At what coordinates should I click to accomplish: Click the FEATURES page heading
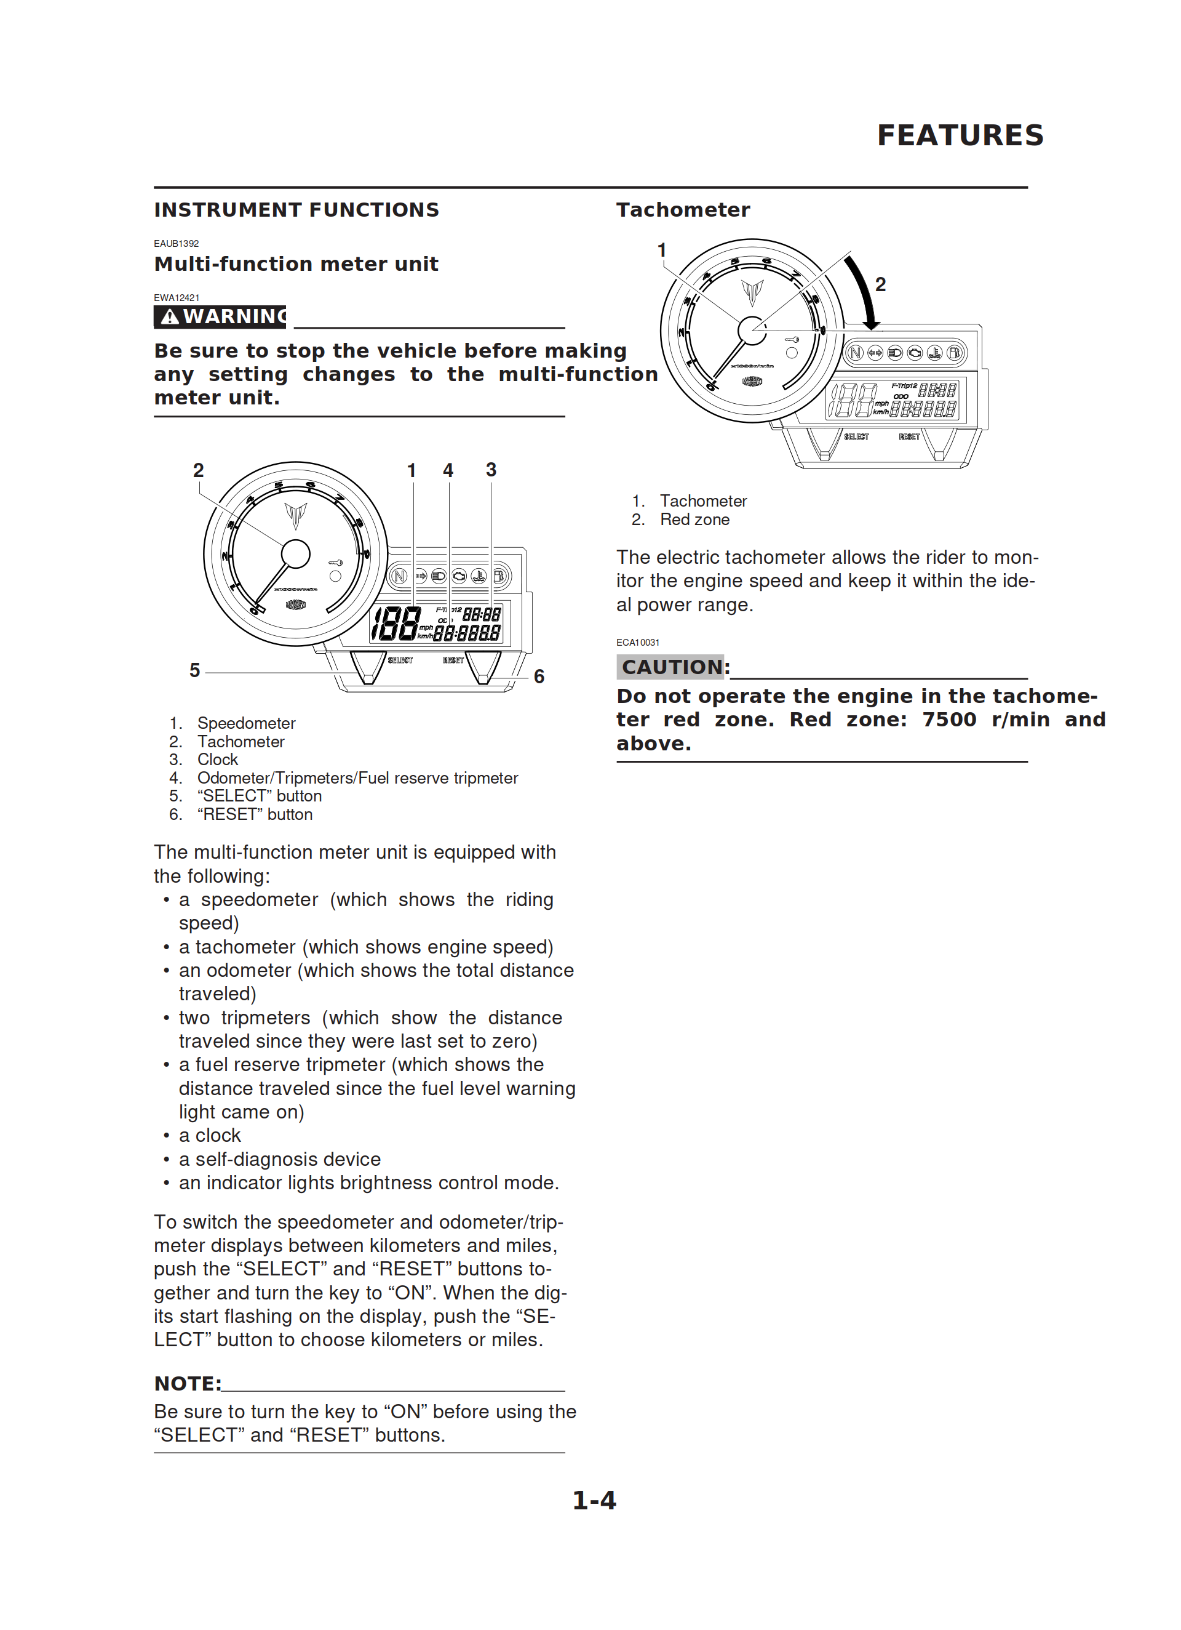960,135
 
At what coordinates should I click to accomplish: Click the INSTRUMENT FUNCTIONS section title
296,210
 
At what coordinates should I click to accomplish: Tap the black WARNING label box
220,316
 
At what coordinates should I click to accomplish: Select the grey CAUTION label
671,667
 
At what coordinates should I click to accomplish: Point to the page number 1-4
594,1500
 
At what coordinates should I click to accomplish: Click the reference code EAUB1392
176,244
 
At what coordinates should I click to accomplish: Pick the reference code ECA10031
637,643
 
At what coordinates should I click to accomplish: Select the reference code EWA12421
177,297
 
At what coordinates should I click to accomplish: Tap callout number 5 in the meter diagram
194,670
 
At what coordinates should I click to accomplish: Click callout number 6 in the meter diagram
539,676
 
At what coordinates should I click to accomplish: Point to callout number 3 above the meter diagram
491,470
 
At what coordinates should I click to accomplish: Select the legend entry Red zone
694,520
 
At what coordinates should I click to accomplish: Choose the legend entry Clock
217,760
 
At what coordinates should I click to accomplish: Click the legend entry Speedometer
245,723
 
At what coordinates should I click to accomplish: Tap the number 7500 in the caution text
949,720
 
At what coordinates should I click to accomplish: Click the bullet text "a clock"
210,1136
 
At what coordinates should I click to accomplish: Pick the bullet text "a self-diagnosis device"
279,1159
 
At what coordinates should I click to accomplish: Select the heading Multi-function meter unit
296,263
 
